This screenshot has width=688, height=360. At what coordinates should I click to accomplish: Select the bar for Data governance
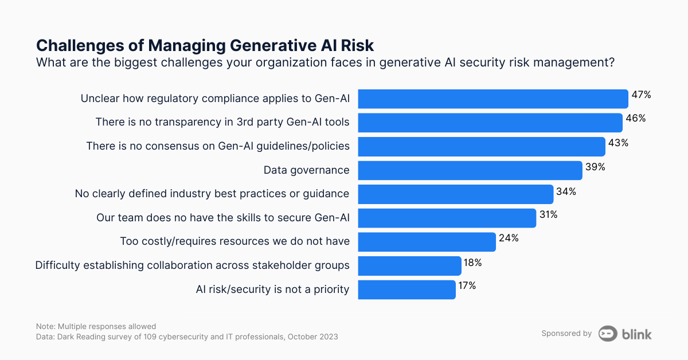[x=470, y=170]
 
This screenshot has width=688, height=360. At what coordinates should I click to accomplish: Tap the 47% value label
[x=641, y=95]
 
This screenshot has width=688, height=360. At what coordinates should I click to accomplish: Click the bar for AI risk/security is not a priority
[x=406, y=289]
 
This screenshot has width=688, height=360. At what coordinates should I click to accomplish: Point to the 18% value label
[x=473, y=262]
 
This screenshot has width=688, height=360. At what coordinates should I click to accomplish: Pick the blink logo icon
[x=608, y=334]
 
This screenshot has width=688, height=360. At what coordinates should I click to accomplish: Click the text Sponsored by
[x=566, y=334]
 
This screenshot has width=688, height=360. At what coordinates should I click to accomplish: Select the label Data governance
[x=306, y=170]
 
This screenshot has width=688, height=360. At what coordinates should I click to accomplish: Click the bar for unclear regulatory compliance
[x=493, y=99]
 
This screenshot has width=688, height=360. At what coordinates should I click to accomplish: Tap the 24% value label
[x=508, y=238]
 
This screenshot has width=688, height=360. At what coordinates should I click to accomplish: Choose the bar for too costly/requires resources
[x=427, y=242]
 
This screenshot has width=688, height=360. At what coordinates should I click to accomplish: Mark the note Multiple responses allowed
[x=96, y=326]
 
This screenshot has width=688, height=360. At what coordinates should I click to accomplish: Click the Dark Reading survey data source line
[x=186, y=337]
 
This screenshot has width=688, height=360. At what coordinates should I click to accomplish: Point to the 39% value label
[x=595, y=167]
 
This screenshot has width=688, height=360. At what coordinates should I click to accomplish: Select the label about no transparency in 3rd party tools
[x=222, y=122]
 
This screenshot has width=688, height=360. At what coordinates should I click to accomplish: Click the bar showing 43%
[x=482, y=146]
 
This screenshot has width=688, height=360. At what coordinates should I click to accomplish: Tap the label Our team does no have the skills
[x=223, y=218]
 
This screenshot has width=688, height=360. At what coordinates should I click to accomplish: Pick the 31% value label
[x=548, y=214]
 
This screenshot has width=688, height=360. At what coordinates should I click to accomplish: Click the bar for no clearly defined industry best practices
[x=456, y=194]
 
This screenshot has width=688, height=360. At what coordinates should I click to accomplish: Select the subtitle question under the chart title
[x=325, y=62]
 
